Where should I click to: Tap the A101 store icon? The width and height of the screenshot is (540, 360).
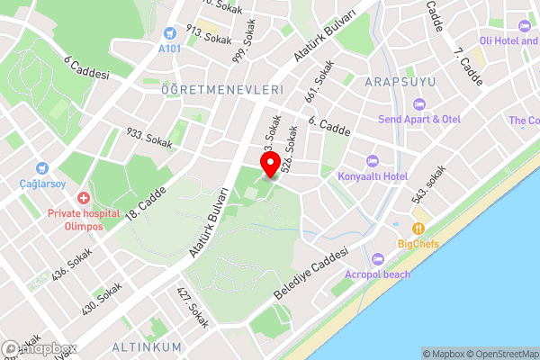pyautogui.click(x=169, y=32)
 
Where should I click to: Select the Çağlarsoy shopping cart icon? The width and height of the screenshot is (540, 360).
pyautogui.click(x=40, y=167)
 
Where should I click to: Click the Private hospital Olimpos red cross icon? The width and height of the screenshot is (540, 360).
pyautogui.click(x=83, y=197)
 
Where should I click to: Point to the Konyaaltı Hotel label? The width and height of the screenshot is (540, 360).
pyautogui.click(x=373, y=176)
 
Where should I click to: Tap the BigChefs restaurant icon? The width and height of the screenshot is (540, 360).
pyautogui.click(x=418, y=229)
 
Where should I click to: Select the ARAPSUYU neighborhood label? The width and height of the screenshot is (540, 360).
pyautogui.click(x=400, y=82)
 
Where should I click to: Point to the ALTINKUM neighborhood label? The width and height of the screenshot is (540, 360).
pyautogui.click(x=147, y=346)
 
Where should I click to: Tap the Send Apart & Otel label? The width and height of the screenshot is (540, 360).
pyautogui.click(x=419, y=119)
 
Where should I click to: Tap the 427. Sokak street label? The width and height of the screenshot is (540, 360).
pyautogui.click(x=192, y=307)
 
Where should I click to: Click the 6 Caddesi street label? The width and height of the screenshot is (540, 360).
pyautogui.click(x=86, y=67)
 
